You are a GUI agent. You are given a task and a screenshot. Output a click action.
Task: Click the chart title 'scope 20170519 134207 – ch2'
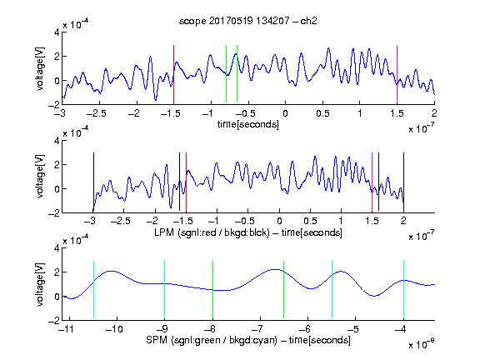248,21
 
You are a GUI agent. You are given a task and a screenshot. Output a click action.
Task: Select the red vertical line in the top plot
173,74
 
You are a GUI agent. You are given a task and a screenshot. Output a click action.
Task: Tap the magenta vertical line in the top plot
397,74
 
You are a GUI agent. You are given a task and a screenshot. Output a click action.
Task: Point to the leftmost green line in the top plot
226,74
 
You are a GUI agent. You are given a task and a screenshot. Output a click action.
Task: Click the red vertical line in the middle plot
186,182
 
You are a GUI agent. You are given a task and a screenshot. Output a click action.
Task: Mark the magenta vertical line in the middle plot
372,182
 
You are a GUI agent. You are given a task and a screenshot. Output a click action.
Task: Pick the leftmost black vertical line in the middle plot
93,182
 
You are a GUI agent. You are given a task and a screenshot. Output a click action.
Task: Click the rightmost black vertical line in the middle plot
403,182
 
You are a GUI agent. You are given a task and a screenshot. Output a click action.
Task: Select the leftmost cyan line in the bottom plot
93,290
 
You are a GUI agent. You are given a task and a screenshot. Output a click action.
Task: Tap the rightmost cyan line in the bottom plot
403,290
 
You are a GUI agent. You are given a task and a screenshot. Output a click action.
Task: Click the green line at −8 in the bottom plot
212,290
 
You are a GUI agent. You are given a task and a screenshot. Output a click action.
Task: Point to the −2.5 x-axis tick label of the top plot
96,113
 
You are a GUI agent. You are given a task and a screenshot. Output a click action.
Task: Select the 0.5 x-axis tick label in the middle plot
310,221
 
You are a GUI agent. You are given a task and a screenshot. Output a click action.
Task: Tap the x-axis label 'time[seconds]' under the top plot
248,124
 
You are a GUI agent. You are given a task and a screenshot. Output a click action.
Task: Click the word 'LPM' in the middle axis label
164,232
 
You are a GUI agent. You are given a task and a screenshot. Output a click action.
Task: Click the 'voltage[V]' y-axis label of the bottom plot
40,284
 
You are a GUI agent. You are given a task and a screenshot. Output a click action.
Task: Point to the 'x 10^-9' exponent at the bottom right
422,344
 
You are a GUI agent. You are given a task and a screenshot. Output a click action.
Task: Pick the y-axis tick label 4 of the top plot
57,32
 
